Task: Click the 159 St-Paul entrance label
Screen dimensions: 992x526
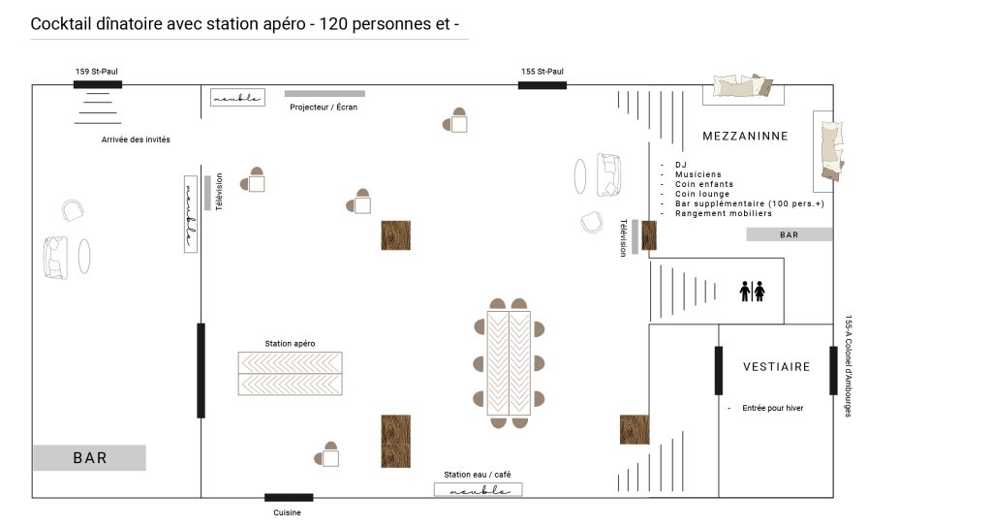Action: [97, 72]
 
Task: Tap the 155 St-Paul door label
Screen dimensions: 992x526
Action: [542, 72]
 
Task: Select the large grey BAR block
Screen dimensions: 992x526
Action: [90, 457]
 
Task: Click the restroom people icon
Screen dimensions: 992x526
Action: [752, 292]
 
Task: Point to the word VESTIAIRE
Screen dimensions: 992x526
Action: [776, 367]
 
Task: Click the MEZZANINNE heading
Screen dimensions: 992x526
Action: [745, 136]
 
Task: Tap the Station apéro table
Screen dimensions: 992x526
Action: [290, 374]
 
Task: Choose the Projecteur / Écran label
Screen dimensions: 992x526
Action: [324, 107]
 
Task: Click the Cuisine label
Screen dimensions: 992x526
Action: [287, 512]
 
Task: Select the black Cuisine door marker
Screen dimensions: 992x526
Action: [289, 498]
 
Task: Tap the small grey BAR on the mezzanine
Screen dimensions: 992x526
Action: [789, 234]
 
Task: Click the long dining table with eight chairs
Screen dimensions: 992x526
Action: [509, 363]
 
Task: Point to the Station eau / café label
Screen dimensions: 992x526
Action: [477, 474]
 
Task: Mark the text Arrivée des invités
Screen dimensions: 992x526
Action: [136, 139]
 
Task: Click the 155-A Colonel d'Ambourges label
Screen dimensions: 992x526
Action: [849, 366]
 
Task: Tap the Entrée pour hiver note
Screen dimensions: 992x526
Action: [772, 408]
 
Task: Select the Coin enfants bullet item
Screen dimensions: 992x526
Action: [704, 184]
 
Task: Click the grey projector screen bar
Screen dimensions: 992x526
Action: [325, 94]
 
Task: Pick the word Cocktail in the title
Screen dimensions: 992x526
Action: [60, 24]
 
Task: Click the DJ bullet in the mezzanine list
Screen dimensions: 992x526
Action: [681, 165]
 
